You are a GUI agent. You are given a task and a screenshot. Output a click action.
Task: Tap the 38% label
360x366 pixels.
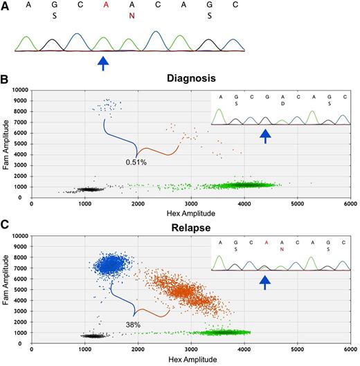pos(134,324)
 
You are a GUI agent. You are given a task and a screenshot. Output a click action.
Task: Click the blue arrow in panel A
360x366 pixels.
pos(103,64)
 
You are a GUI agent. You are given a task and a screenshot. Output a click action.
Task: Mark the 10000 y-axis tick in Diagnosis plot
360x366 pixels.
pos(18,91)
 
